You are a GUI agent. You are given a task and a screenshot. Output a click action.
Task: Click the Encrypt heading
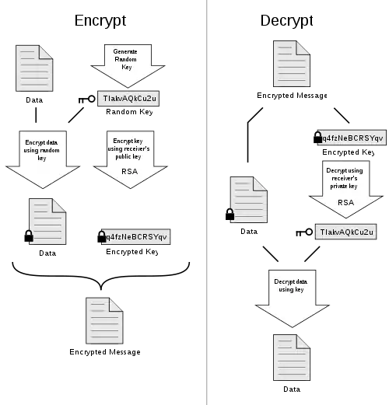coord(100,20)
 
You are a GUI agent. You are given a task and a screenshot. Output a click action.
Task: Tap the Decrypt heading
coord(286,20)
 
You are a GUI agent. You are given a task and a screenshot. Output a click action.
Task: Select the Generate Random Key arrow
coord(128,66)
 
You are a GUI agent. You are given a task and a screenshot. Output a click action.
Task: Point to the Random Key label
coord(129,112)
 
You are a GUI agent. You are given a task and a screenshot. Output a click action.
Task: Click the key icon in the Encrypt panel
coord(87,100)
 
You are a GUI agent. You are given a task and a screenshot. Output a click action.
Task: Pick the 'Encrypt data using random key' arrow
coord(43,159)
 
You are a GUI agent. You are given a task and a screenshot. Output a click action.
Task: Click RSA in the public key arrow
coord(129,172)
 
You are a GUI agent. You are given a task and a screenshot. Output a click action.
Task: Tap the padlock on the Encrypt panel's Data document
coord(29,236)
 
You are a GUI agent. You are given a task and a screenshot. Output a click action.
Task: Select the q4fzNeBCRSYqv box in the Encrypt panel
coord(135,236)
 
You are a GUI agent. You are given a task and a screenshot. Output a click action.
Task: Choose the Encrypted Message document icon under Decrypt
coord(292,64)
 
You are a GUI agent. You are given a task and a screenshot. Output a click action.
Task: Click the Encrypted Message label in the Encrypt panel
coord(105,352)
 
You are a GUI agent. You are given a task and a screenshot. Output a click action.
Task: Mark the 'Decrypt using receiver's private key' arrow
coord(345,189)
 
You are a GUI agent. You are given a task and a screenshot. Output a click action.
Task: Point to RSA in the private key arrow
coord(345,202)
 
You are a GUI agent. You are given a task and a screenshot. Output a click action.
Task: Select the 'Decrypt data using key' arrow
coord(293,299)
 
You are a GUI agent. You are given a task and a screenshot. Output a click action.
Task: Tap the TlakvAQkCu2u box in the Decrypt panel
coord(345,232)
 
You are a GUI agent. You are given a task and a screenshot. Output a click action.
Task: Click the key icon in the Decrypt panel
coord(304,232)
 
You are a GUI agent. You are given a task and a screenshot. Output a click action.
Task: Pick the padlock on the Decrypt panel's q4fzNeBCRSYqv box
coord(317,137)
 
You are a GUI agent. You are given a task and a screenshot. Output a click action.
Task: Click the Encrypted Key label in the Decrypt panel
coord(349,152)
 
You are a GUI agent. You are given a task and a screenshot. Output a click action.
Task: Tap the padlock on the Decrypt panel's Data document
coord(230,215)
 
